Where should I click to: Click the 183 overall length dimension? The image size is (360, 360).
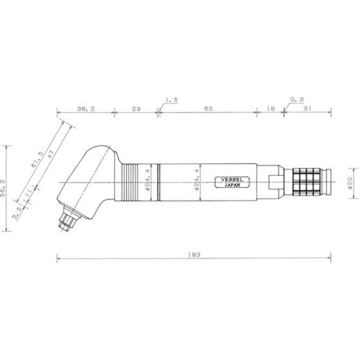click(x=194, y=255)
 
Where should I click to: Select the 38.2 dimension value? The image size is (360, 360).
click(x=86, y=109)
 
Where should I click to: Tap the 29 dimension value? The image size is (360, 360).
click(x=136, y=109)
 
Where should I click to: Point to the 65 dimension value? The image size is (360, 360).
click(x=208, y=109)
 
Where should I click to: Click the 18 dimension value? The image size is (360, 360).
click(x=271, y=109)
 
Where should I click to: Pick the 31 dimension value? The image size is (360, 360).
click(x=307, y=109)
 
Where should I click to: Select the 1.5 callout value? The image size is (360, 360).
click(x=172, y=100)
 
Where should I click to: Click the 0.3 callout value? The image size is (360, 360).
click(x=297, y=100)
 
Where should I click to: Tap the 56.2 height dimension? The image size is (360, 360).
click(x=3, y=188)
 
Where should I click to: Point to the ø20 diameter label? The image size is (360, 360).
click(x=350, y=183)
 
